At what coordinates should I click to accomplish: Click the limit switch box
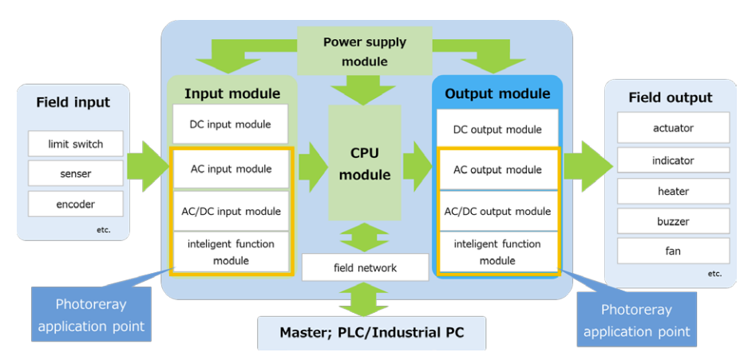75,144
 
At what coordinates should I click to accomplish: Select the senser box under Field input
75,173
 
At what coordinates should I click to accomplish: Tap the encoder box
75,204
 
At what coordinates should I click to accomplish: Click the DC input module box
230,124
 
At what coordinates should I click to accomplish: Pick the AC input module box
230,168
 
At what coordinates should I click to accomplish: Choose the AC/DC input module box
230,211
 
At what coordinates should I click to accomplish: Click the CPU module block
365,163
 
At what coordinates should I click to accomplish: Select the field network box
365,267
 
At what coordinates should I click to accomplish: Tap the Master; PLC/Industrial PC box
371,332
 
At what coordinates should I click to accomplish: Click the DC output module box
497,129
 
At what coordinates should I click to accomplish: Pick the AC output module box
497,169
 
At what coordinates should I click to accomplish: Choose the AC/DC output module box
497,212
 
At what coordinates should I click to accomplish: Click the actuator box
673,128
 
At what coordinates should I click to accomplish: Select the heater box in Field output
673,191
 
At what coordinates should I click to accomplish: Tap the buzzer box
673,221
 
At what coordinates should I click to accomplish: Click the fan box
673,251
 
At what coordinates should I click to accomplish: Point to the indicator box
673,160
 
